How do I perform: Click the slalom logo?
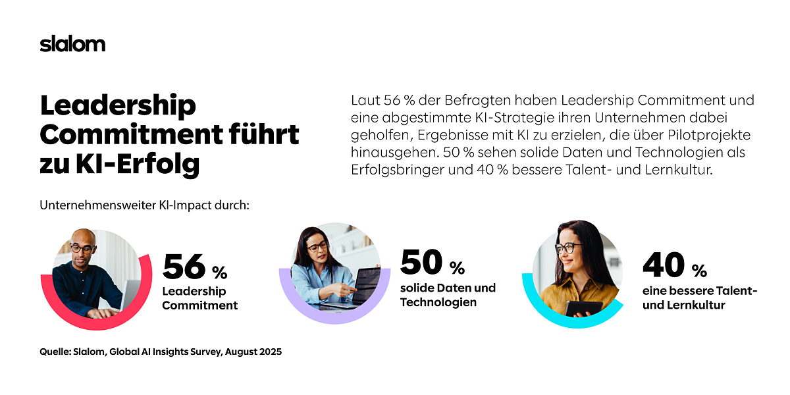coord(72,44)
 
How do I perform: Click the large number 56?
coord(184,267)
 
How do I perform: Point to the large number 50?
coord(421,262)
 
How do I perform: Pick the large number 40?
coord(663,265)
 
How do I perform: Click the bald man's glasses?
coord(82,249)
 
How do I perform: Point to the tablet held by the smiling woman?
coord(584,307)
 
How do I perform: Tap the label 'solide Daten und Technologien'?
coord(448,296)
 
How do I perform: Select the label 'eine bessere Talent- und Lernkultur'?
coord(699,298)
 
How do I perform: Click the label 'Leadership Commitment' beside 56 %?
coord(199,298)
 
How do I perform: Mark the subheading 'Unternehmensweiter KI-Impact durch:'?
coord(145,205)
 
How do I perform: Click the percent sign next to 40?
coord(698,271)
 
